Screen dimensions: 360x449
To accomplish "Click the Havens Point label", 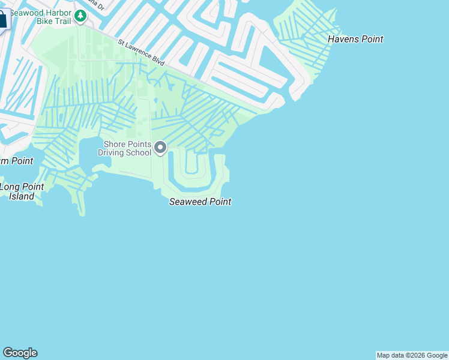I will coord(355,40).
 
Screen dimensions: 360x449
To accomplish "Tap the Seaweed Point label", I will coord(200,202).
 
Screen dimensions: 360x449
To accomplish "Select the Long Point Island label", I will coord(22,191).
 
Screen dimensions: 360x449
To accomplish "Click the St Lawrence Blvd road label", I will coord(141,52).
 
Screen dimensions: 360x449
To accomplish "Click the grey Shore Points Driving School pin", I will coord(160,147).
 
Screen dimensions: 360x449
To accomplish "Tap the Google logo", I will coord(20,353).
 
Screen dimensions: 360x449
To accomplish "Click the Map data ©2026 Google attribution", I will coord(412,355).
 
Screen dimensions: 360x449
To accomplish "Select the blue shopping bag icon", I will coord(3,19).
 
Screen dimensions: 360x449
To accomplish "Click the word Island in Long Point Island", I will coord(22,196).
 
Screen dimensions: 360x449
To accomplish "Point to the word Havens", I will coord(343,40).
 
